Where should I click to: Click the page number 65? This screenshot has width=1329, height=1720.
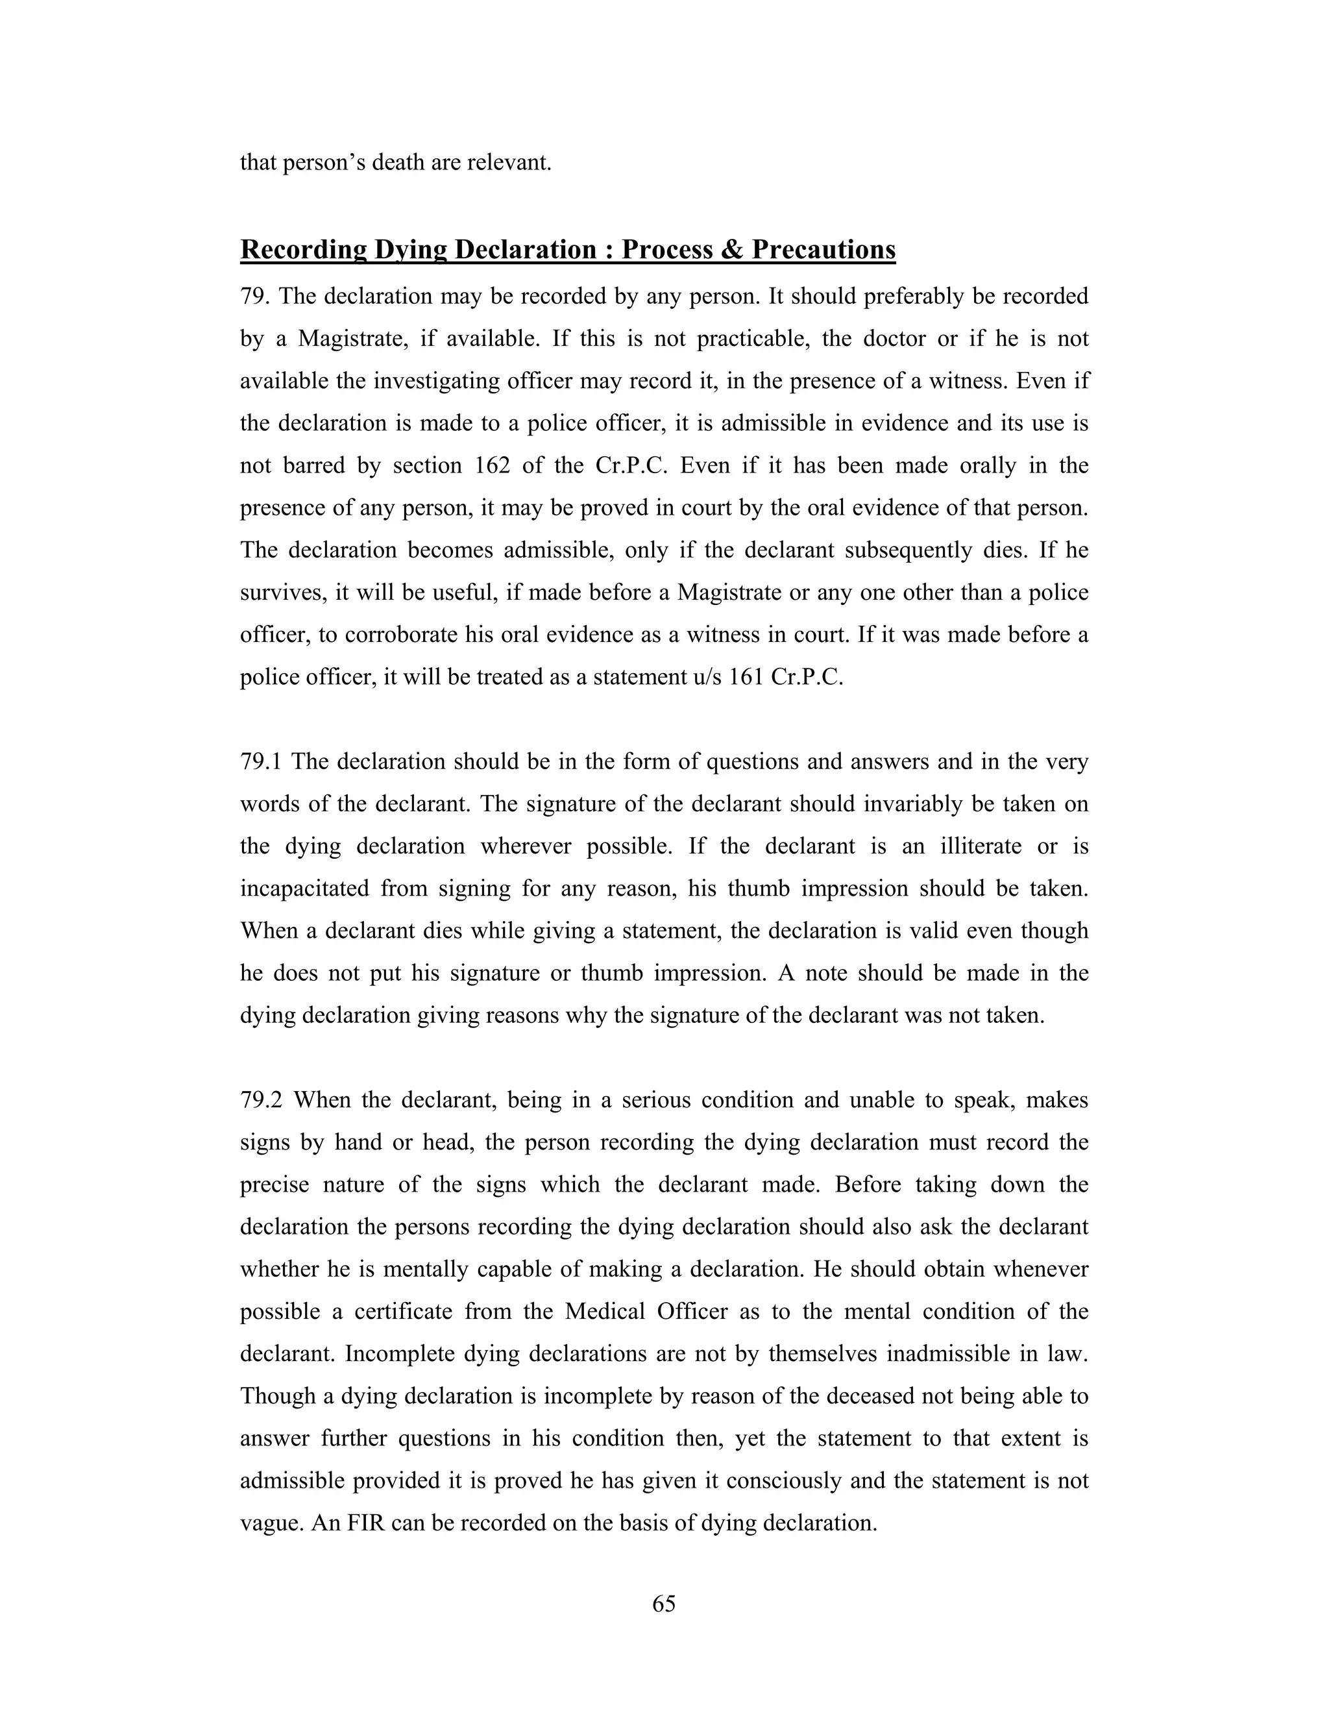click(x=664, y=1603)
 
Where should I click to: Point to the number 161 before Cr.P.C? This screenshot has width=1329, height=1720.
click(x=742, y=677)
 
